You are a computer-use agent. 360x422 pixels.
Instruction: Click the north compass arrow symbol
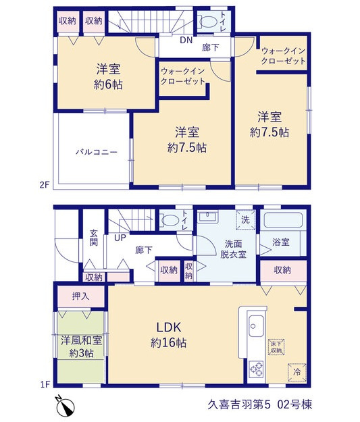coord(66,404)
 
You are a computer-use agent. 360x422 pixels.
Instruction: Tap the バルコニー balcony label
coord(97,153)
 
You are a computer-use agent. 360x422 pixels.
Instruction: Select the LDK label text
coord(169,327)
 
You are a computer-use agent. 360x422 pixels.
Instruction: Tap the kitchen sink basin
coord(256,325)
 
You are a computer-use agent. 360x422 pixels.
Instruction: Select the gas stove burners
coord(256,369)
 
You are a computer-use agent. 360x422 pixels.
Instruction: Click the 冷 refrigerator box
coord(297,373)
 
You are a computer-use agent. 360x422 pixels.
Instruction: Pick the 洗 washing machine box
coord(246,220)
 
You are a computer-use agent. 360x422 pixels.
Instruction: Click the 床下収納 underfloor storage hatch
coord(276,347)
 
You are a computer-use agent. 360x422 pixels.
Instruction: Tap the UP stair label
coord(120,238)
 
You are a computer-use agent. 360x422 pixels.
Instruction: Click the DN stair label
coord(186,41)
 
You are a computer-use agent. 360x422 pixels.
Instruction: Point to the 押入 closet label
coord(80,296)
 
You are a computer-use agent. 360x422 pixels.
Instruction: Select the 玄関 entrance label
coord(94,238)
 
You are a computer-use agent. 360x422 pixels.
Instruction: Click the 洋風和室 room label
coord(81,341)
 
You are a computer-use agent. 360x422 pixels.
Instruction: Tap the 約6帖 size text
coord(108,84)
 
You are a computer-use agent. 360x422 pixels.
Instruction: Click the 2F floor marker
coord(45,185)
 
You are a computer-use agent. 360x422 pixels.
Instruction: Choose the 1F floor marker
coord(45,385)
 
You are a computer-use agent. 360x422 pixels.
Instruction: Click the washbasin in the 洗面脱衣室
coord(207,217)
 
